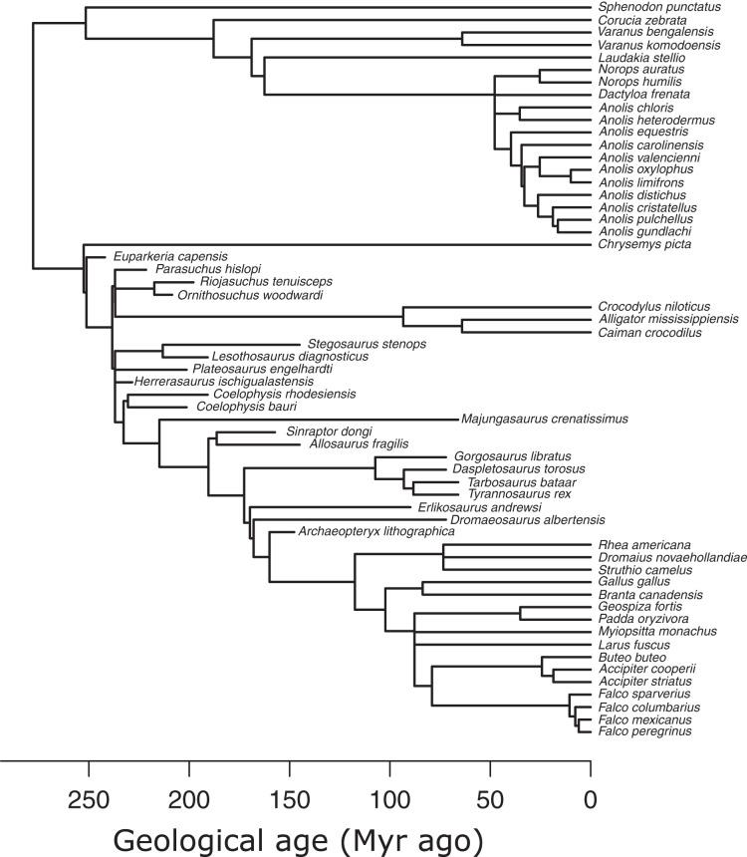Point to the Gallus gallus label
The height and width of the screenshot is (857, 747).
[x=626, y=582]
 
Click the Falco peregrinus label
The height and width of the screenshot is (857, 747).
[x=644, y=731]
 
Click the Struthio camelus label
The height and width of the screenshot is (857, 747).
[x=638, y=570]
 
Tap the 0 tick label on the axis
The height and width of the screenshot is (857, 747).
[x=591, y=798]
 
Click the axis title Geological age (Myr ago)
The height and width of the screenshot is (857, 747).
[x=298, y=839]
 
